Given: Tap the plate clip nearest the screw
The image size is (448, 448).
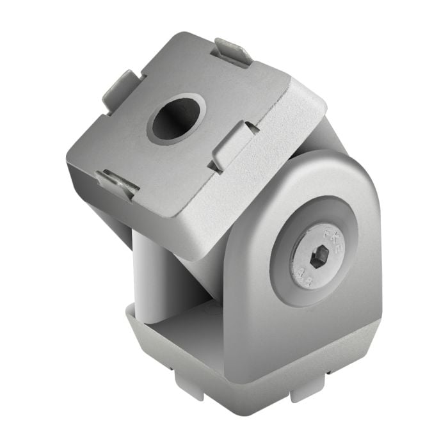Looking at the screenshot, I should coord(232,145).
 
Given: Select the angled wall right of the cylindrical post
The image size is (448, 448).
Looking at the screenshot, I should coord(198,282).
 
